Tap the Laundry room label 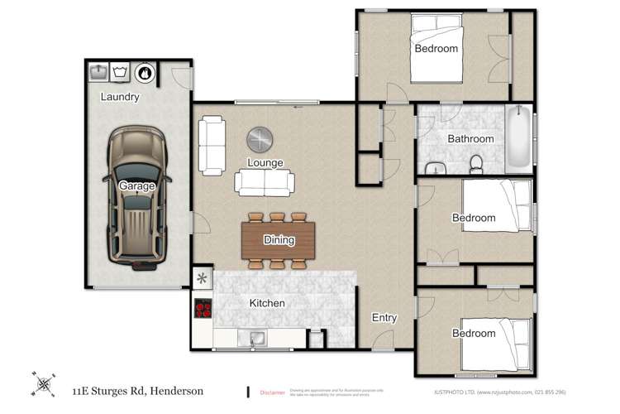point(120,97)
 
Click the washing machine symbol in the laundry point(121,73)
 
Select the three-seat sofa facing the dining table point(264,182)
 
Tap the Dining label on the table point(279,240)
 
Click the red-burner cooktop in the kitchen point(203,309)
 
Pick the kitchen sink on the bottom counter point(254,338)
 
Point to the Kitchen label point(267,304)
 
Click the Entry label point(384,317)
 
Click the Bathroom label point(470,139)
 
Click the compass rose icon point(44,384)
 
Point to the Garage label point(137,186)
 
